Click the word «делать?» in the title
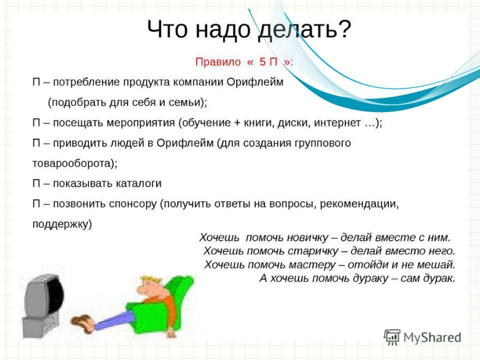click(x=304, y=29)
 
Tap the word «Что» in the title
click(x=167, y=29)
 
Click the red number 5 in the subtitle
click(x=262, y=61)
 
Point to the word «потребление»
click(x=86, y=82)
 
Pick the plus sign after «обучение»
click(x=237, y=123)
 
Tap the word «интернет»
click(x=337, y=123)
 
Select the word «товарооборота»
click(x=71, y=163)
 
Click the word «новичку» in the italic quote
click(x=309, y=237)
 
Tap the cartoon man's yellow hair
click(x=151, y=279)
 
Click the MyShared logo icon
click(x=392, y=337)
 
